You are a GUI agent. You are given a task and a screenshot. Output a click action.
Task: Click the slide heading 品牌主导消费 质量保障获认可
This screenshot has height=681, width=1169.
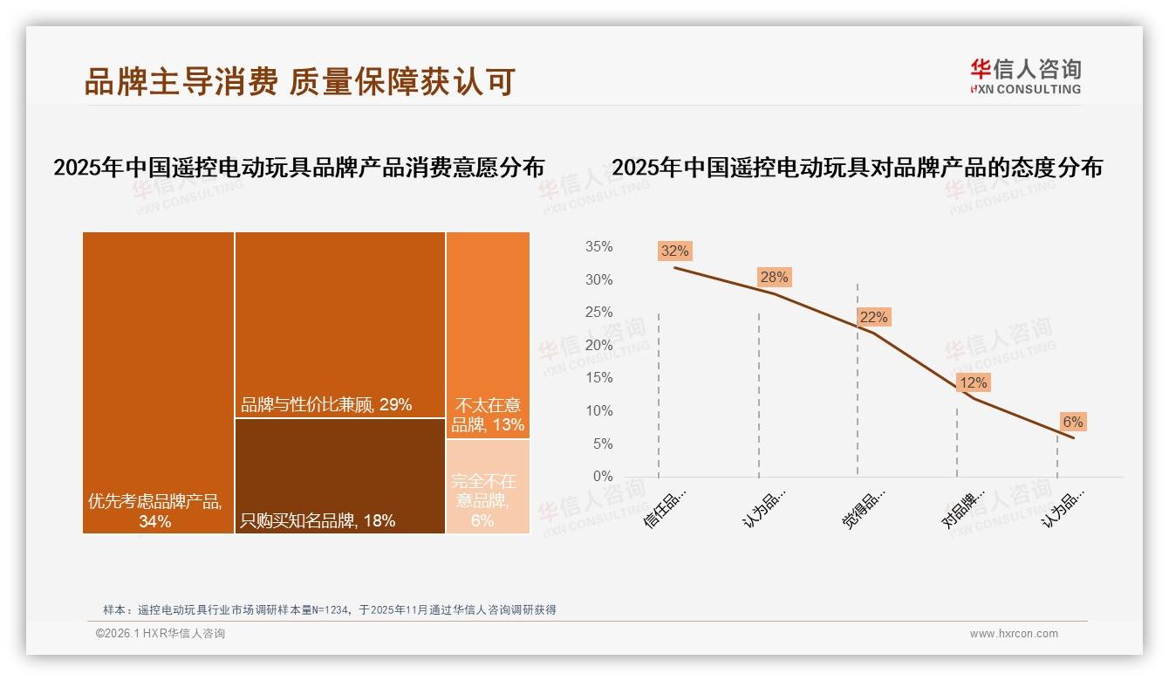[x=298, y=81]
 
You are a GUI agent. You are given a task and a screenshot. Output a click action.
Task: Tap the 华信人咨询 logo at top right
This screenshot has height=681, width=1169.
[x=1025, y=76]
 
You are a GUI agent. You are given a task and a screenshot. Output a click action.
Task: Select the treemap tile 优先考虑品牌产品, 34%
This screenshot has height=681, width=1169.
[x=158, y=382]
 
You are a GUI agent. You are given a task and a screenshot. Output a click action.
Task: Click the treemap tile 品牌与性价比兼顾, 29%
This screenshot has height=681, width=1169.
[x=339, y=324]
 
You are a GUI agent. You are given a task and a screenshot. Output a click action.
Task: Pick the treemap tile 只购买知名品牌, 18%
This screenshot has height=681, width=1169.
[x=339, y=476]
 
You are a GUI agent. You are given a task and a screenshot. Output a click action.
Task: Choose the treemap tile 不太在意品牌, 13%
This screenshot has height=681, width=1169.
[x=488, y=334]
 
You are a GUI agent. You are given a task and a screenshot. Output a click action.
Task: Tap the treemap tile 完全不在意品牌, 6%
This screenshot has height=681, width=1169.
[x=488, y=486]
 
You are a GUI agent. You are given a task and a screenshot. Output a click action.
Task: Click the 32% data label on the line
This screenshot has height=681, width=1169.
[x=674, y=251]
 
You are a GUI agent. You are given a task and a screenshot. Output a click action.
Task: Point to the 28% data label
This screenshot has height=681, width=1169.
[x=773, y=278]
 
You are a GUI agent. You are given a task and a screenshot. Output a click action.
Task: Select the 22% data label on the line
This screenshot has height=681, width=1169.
[x=873, y=318]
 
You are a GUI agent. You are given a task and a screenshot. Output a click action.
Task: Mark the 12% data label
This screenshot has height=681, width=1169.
[x=973, y=382]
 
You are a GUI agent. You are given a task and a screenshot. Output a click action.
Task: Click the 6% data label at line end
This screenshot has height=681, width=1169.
[x=1072, y=423]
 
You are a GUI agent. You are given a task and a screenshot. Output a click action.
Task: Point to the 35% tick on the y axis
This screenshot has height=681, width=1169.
[x=598, y=247]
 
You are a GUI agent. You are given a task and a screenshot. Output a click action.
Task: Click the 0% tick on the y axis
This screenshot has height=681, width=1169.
[x=602, y=477]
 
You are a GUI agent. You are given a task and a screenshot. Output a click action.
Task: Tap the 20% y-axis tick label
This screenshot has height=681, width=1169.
[x=598, y=346]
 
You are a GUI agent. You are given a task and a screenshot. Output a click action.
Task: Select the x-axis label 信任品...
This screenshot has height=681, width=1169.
[x=666, y=507]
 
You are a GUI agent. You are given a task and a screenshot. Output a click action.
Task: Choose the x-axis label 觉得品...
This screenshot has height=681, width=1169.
[x=864, y=507]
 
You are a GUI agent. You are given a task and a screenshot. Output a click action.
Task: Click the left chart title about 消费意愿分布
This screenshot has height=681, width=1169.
[x=298, y=168]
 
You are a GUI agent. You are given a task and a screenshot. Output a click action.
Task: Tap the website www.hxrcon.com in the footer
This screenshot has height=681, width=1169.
[x=1014, y=634]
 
